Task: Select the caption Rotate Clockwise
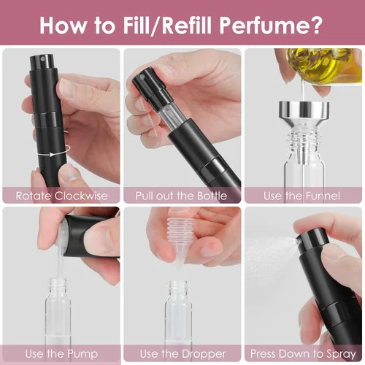(61, 195)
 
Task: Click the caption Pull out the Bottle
(181, 195)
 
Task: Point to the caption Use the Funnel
(303, 195)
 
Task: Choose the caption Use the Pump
(61, 353)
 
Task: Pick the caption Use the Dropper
(181, 353)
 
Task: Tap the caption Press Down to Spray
(303, 353)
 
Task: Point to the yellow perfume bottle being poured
(321, 66)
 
